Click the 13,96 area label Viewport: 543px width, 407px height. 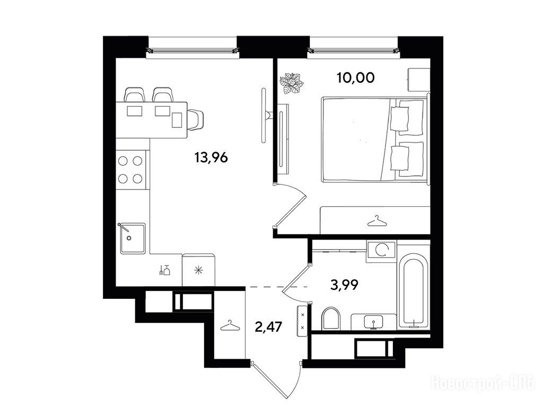(x=211, y=158)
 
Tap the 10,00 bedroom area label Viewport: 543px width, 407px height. (x=356, y=77)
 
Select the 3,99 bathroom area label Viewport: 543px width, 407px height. (x=344, y=285)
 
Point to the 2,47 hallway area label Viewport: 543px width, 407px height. (x=268, y=326)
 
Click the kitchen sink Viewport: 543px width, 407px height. (x=133, y=238)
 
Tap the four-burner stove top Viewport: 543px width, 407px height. (x=130, y=170)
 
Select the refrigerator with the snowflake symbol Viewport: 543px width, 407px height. (x=199, y=270)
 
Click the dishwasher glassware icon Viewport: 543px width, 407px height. (x=165, y=270)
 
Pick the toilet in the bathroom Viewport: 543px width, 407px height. (x=331, y=318)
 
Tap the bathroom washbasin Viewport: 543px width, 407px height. (x=373, y=322)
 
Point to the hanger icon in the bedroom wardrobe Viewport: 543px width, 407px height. (x=376, y=220)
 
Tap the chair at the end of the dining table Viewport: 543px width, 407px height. (x=196, y=119)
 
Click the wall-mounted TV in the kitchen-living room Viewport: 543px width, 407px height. (x=264, y=116)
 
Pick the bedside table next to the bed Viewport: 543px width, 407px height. (x=418, y=80)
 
